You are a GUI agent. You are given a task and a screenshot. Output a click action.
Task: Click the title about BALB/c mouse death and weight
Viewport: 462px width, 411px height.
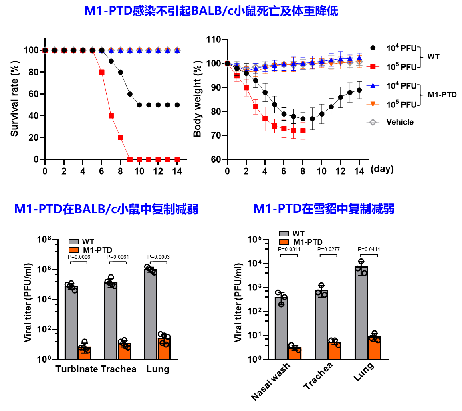pos(211,11)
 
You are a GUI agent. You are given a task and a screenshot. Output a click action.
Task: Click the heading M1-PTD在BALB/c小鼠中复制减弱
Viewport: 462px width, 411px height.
pos(106,209)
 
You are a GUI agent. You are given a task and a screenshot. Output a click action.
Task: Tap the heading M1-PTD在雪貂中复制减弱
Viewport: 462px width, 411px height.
pos(324,209)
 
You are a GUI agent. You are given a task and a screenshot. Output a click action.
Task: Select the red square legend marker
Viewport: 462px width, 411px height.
pos(373,66)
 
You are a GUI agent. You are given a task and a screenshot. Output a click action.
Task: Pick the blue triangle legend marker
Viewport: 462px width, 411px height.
pos(373,85)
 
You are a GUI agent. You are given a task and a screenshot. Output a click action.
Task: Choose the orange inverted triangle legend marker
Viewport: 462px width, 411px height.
pos(373,104)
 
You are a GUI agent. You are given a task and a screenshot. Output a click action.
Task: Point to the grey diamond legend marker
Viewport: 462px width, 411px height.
pos(373,122)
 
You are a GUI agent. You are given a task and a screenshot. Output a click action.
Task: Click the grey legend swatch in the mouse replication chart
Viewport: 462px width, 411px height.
pos(74,242)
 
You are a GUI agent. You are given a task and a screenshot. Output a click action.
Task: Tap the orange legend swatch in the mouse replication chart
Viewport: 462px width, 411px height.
pos(74,250)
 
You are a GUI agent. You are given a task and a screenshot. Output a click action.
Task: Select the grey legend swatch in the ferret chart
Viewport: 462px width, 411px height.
pos(284,234)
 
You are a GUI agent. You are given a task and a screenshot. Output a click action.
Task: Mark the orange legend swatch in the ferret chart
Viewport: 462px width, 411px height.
pos(284,242)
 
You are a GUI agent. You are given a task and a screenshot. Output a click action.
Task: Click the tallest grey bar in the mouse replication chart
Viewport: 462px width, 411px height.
pos(150,314)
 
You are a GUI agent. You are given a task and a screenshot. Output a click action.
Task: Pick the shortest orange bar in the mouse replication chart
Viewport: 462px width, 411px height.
pos(84,353)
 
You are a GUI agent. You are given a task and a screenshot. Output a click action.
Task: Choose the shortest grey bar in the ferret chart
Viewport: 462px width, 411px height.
pos(281,328)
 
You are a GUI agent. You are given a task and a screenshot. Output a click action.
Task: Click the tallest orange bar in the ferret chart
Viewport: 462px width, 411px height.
pos(374,348)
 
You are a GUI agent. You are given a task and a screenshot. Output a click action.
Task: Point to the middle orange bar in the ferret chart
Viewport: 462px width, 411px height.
pos(335,351)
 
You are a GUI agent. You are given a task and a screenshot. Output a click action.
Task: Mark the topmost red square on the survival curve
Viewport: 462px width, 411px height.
pos(102,72)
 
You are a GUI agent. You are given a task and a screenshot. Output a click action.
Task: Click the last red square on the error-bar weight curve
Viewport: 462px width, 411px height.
pos(303,131)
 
